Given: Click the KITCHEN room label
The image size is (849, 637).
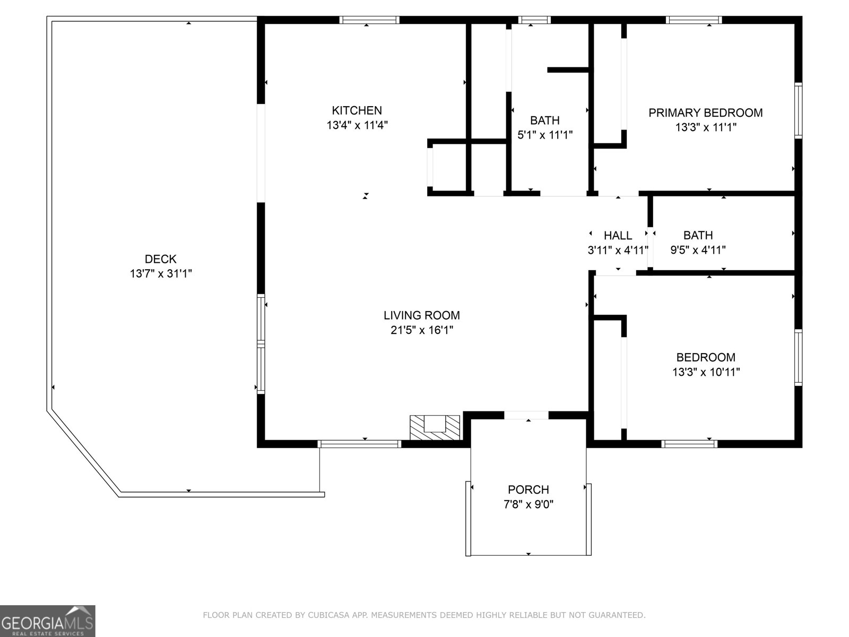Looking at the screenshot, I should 357,110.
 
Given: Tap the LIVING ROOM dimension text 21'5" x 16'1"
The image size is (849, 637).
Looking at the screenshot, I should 422,330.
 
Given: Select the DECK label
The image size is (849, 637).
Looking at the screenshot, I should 160,259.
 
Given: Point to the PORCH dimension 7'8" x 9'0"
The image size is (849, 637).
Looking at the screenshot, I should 528,504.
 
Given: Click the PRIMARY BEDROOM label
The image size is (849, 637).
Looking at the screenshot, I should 705,113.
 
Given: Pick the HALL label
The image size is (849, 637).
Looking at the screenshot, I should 618,235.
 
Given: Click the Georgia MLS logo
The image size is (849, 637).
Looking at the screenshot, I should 47,621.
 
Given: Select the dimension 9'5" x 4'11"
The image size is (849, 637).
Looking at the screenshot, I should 698,250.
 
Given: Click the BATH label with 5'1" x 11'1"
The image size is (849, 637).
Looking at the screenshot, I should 544,120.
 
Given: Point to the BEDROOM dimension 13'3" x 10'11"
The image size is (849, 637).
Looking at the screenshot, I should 706,372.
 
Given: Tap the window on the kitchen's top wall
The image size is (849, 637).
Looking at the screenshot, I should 369,20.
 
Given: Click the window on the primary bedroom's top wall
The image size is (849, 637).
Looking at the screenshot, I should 694,20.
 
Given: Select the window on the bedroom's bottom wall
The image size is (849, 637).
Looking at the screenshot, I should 689,444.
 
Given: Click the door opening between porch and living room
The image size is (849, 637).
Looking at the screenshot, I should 526,415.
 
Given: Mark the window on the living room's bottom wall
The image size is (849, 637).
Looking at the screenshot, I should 359,444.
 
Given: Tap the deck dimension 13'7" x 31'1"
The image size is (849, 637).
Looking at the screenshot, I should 160,274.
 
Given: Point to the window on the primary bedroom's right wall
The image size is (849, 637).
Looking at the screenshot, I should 798,110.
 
